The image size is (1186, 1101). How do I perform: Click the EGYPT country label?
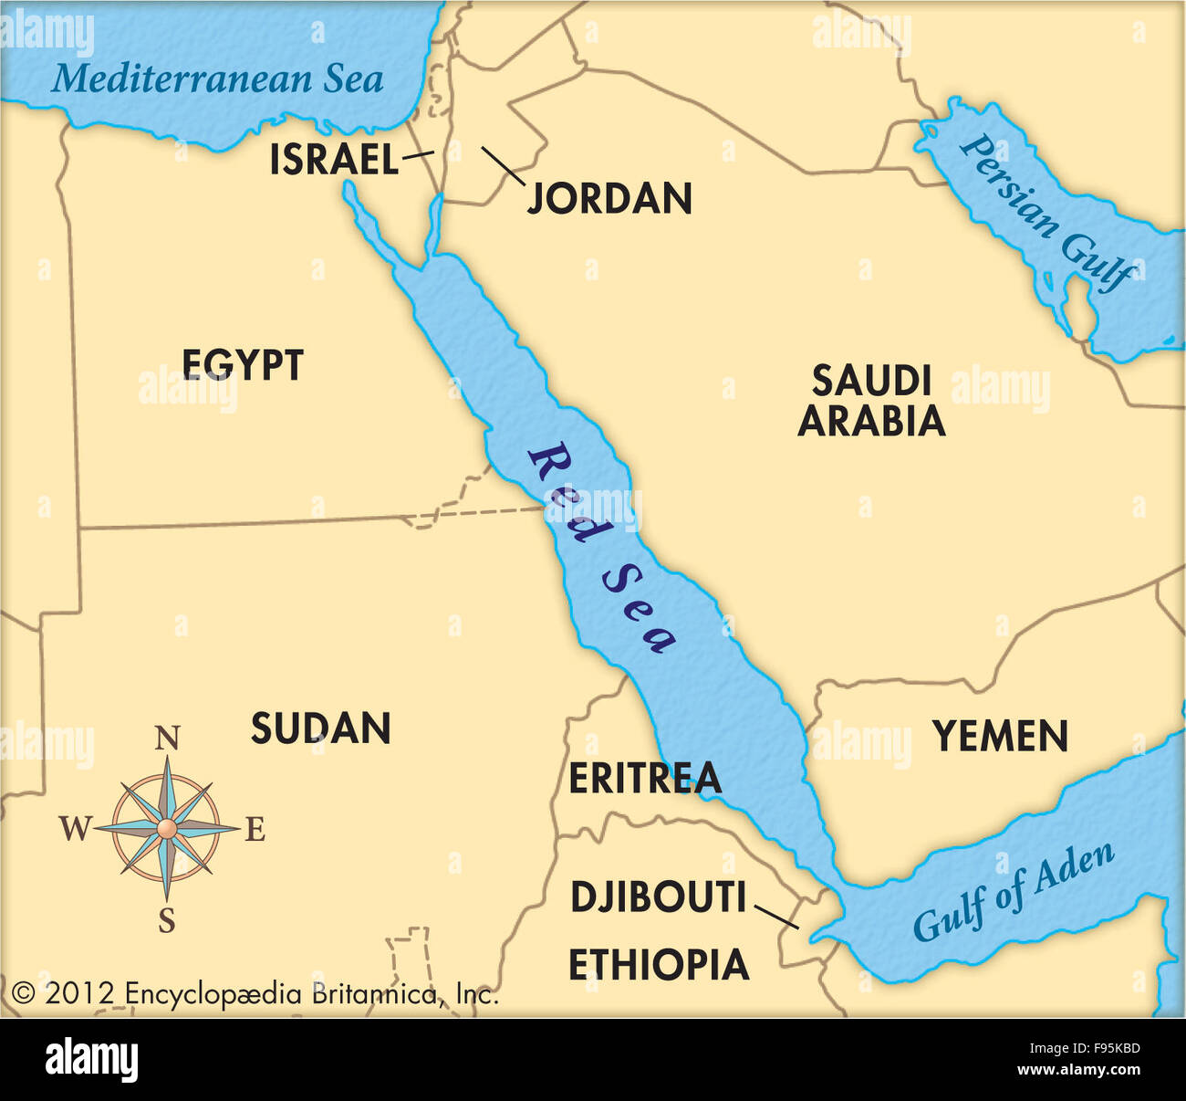click(x=243, y=365)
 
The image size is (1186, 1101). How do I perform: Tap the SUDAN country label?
click(x=321, y=729)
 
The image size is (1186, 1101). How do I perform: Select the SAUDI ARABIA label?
click(x=871, y=401)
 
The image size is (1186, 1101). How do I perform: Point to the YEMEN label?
click(x=1000, y=736)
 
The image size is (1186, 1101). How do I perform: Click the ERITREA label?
click(x=645, y=779)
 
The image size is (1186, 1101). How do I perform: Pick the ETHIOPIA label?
click(x=659, y=965)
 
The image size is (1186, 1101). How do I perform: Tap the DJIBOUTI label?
click(x=658, y=897)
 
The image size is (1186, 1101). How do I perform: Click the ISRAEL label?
click(x=334, y=161)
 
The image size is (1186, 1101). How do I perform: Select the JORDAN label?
click(x=610, y=198)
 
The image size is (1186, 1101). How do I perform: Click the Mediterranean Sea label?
click(x=217, y=79)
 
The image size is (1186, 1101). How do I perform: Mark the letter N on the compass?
click(x=167, y=738)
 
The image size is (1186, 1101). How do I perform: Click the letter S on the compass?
click(x=167, y=922)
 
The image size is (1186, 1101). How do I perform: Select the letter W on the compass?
click(x=76, y=829)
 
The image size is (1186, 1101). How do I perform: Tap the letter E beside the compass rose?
click(x=255, y=830)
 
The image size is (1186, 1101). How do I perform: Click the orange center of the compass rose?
click(x=167, y=828)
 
